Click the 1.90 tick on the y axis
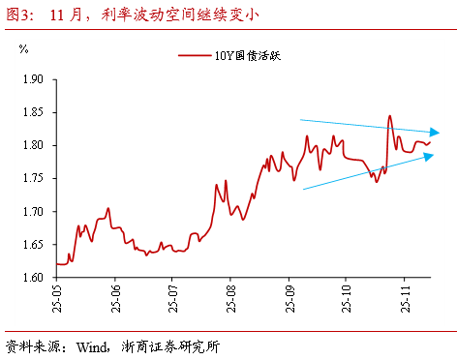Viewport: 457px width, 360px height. tap(31, 79)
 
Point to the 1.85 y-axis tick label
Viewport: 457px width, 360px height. tap(31, 112)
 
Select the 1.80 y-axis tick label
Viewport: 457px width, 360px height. tap(31, 145)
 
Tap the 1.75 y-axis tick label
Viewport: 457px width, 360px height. tap(31, 178)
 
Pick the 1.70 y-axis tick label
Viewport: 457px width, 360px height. tap(31, 211)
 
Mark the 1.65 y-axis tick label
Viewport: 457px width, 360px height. tap(31, 245)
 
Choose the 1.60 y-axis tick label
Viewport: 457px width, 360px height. tap(31, 278)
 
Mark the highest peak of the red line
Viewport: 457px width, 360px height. tap(389, 116)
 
